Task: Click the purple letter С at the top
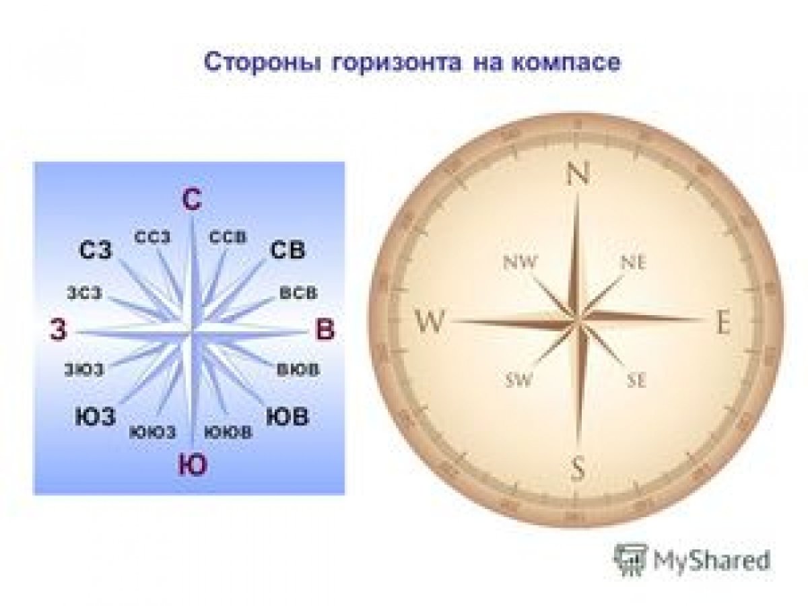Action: point(192,200)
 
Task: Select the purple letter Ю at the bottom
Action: point(193,465)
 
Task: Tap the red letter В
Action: point(325,331)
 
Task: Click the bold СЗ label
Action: point(96,251)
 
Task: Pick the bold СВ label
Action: point(288,250)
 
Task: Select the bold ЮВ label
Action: point(288,416)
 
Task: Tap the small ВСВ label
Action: point(298,294)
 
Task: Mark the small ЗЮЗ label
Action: point(84,369)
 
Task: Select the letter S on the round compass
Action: point(578,467)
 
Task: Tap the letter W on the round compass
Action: point(430,324)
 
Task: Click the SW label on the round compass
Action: point(518,380)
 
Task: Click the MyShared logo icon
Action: point(630,560)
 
